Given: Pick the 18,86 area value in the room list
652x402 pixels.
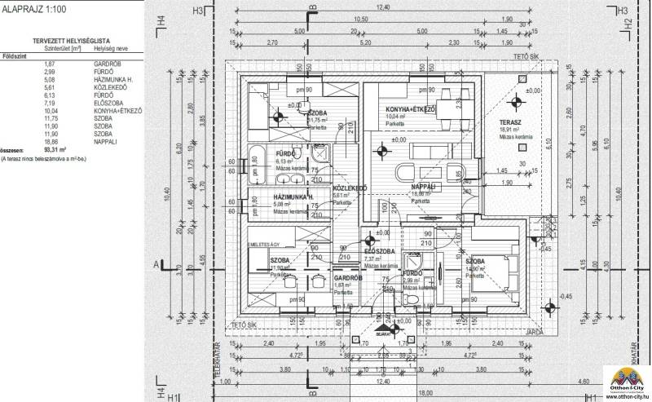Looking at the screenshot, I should [x=50, y=141].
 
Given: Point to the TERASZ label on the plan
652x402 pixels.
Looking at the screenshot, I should [x=511, y=122].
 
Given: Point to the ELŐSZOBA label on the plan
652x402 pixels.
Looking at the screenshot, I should [x=380, y=251].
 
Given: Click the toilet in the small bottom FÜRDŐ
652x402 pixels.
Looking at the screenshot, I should [x=414, y=301].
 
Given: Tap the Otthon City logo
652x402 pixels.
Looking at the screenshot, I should [x=626, y=378].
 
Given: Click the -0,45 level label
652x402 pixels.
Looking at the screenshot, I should [x=566, y=295].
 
